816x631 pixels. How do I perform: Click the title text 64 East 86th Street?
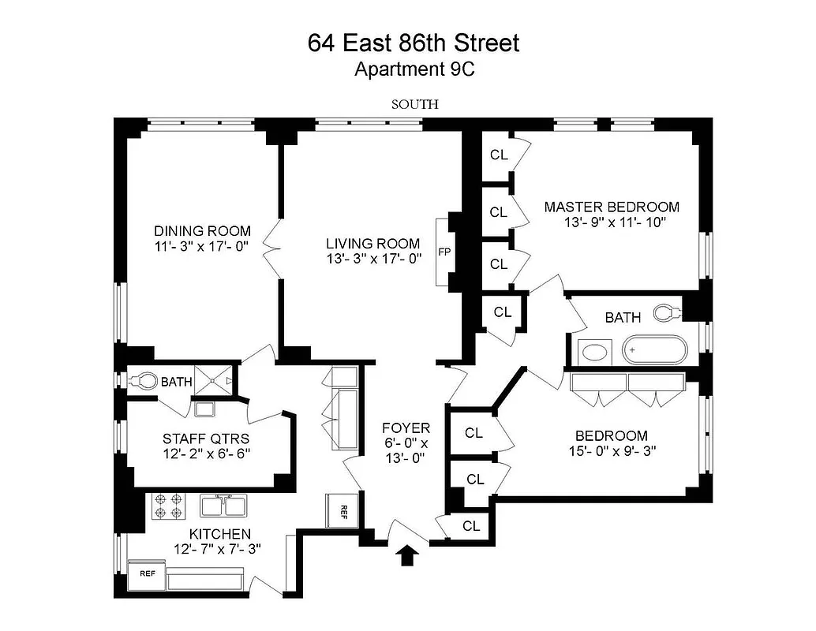(414, 43)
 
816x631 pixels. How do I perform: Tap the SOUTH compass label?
(414, 103)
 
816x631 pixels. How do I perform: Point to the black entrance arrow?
(407, 556)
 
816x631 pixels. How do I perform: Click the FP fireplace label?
(444, 253)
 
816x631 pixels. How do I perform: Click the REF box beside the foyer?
(344, 510)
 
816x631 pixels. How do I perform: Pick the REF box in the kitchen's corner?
(148, 574)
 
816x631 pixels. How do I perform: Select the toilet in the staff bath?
(142, 381)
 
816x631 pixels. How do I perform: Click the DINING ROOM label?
(202, 231)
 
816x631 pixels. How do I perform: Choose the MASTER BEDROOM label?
(611, 207)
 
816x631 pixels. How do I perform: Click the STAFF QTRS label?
(196, 438)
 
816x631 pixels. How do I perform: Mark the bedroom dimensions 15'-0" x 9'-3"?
(611, 451)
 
